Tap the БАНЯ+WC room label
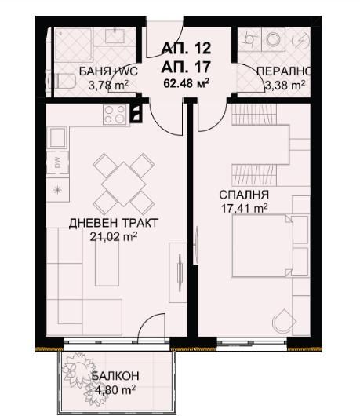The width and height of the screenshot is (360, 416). point(108,72)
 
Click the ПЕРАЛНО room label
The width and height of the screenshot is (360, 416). point(282,72)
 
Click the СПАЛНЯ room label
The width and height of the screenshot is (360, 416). point(245,195)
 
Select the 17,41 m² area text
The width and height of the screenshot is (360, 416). point(245,208)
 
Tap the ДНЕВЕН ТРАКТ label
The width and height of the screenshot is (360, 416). point(113,224)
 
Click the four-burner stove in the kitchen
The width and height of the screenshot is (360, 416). point(115,115)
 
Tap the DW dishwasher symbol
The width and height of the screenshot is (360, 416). point(57,163)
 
